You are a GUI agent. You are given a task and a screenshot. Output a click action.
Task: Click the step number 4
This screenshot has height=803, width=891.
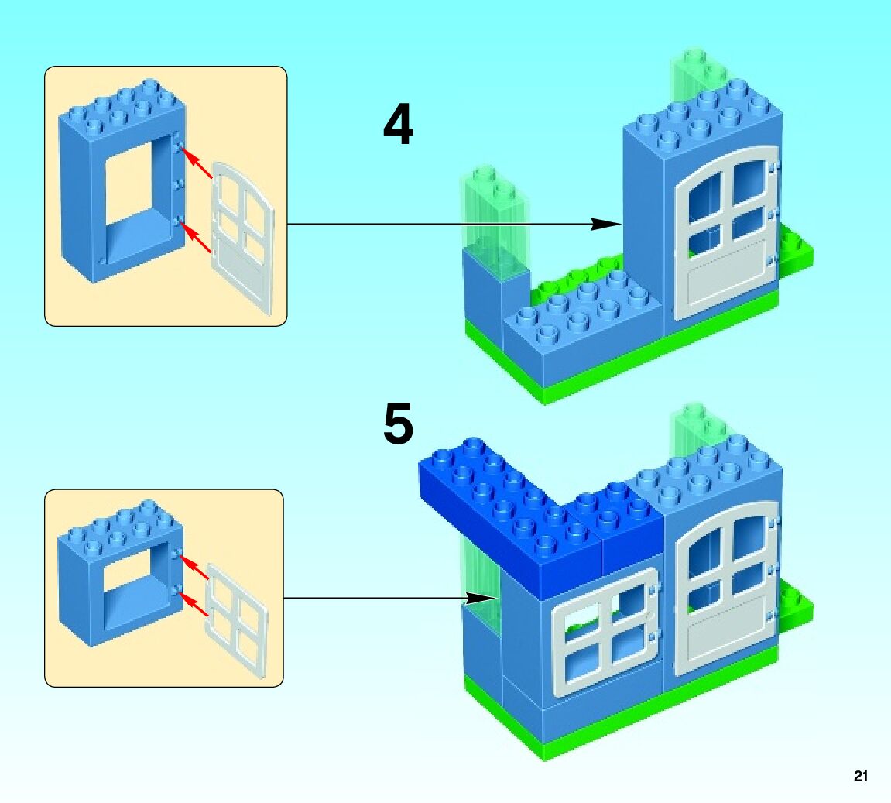(398, 126)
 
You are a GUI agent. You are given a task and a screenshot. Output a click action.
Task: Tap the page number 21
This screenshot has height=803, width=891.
(860, 777)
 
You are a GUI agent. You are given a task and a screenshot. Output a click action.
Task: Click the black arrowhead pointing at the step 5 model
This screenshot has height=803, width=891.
(481, 598)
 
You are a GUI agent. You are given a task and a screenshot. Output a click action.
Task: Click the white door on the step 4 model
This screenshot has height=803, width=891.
(725, 232)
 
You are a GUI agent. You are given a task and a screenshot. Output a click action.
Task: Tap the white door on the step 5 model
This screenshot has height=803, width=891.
(725, 589)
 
